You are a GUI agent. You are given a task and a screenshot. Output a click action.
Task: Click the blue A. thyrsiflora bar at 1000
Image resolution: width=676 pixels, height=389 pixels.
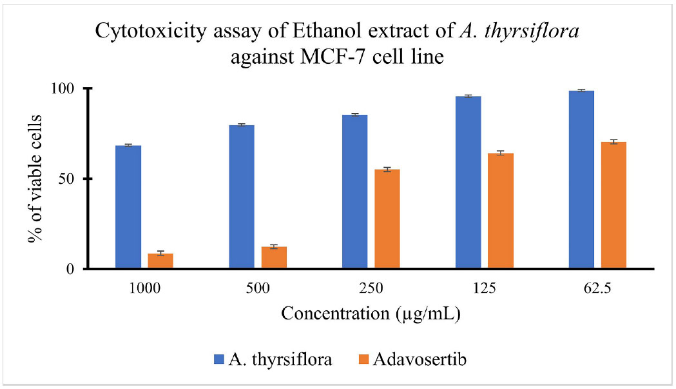click(128, 207)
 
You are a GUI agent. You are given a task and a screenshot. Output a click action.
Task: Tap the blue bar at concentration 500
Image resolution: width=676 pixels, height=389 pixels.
click(242, 197)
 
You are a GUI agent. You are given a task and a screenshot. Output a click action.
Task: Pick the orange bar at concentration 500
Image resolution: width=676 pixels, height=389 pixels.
click(274, 258)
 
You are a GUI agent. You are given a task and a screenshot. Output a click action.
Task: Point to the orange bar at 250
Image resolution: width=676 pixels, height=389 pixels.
click(387, 219)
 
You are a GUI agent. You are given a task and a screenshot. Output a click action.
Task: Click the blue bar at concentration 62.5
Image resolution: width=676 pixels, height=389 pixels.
click(581, 180)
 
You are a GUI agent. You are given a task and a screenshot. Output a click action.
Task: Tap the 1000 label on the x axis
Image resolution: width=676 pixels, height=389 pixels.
click(144, 288)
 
